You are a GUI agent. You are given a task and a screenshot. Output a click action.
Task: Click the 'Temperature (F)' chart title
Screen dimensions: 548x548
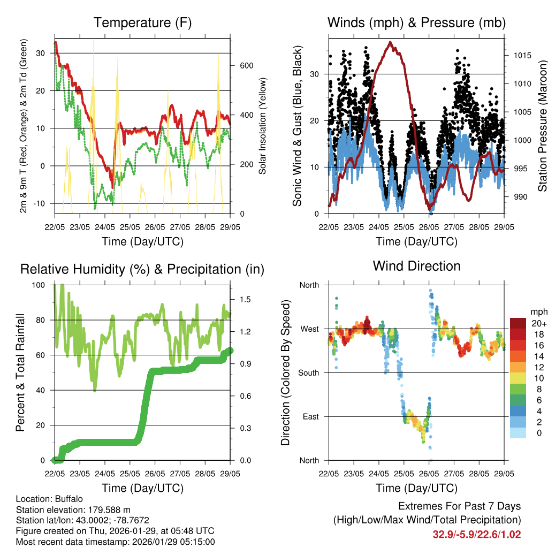142,23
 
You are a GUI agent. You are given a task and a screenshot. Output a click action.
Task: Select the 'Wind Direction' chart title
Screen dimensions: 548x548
416,266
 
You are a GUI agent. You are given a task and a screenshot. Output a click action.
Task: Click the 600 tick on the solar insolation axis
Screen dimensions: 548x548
246,65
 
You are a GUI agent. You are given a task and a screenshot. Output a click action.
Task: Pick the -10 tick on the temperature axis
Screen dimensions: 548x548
41,203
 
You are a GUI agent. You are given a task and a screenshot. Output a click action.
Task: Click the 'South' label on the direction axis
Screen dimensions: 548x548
308,372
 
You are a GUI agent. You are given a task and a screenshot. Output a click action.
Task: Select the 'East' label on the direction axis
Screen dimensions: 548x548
310,416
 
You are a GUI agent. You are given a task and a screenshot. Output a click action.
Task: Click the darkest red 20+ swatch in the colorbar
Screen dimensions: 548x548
518,323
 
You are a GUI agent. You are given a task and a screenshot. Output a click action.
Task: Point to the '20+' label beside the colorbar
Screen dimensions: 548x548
538,324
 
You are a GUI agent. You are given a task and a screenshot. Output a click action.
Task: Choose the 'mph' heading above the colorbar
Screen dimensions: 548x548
538,311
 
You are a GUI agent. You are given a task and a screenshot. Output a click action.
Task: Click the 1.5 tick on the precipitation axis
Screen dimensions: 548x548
245,299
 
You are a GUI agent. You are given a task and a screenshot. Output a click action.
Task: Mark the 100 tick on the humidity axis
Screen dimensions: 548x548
40,285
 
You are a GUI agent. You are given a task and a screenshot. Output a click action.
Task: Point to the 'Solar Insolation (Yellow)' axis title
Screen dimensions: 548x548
263,125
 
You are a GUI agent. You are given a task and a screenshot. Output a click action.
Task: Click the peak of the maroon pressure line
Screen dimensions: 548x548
391,42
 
